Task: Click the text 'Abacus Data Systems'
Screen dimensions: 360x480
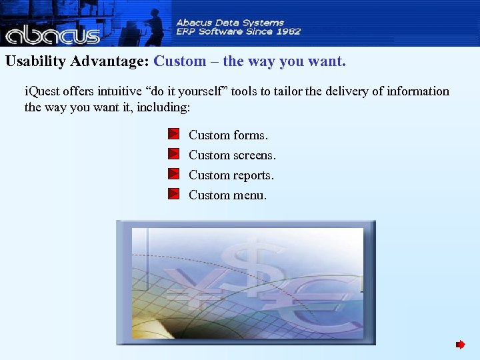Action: click(x=230, y=23)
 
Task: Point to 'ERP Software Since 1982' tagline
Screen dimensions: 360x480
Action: click(x=238, y=31)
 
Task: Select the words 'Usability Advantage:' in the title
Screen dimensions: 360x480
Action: click(x=77, y=61)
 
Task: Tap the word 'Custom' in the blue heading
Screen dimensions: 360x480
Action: click(x=179, y=61)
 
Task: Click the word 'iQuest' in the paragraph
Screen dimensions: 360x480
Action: click(x=43, y=91)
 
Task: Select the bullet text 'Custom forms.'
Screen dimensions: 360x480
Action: click(x=228, y=135)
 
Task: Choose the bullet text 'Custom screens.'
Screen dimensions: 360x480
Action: click(x=232, y=155)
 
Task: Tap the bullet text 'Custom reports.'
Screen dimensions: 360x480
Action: click(x=231, y=175)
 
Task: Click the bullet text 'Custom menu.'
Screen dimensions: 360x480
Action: click(x=227, y=195)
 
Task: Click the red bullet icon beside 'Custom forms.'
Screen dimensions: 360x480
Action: click(x=173, y=135)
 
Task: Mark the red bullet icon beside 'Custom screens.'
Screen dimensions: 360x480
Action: click(x=173, y=155)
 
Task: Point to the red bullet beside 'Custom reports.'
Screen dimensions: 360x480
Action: click(x=173, y=175)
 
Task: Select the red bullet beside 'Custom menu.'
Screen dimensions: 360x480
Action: click(x=173, y=195)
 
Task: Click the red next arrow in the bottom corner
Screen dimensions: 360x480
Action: click(x=460, y=345)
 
